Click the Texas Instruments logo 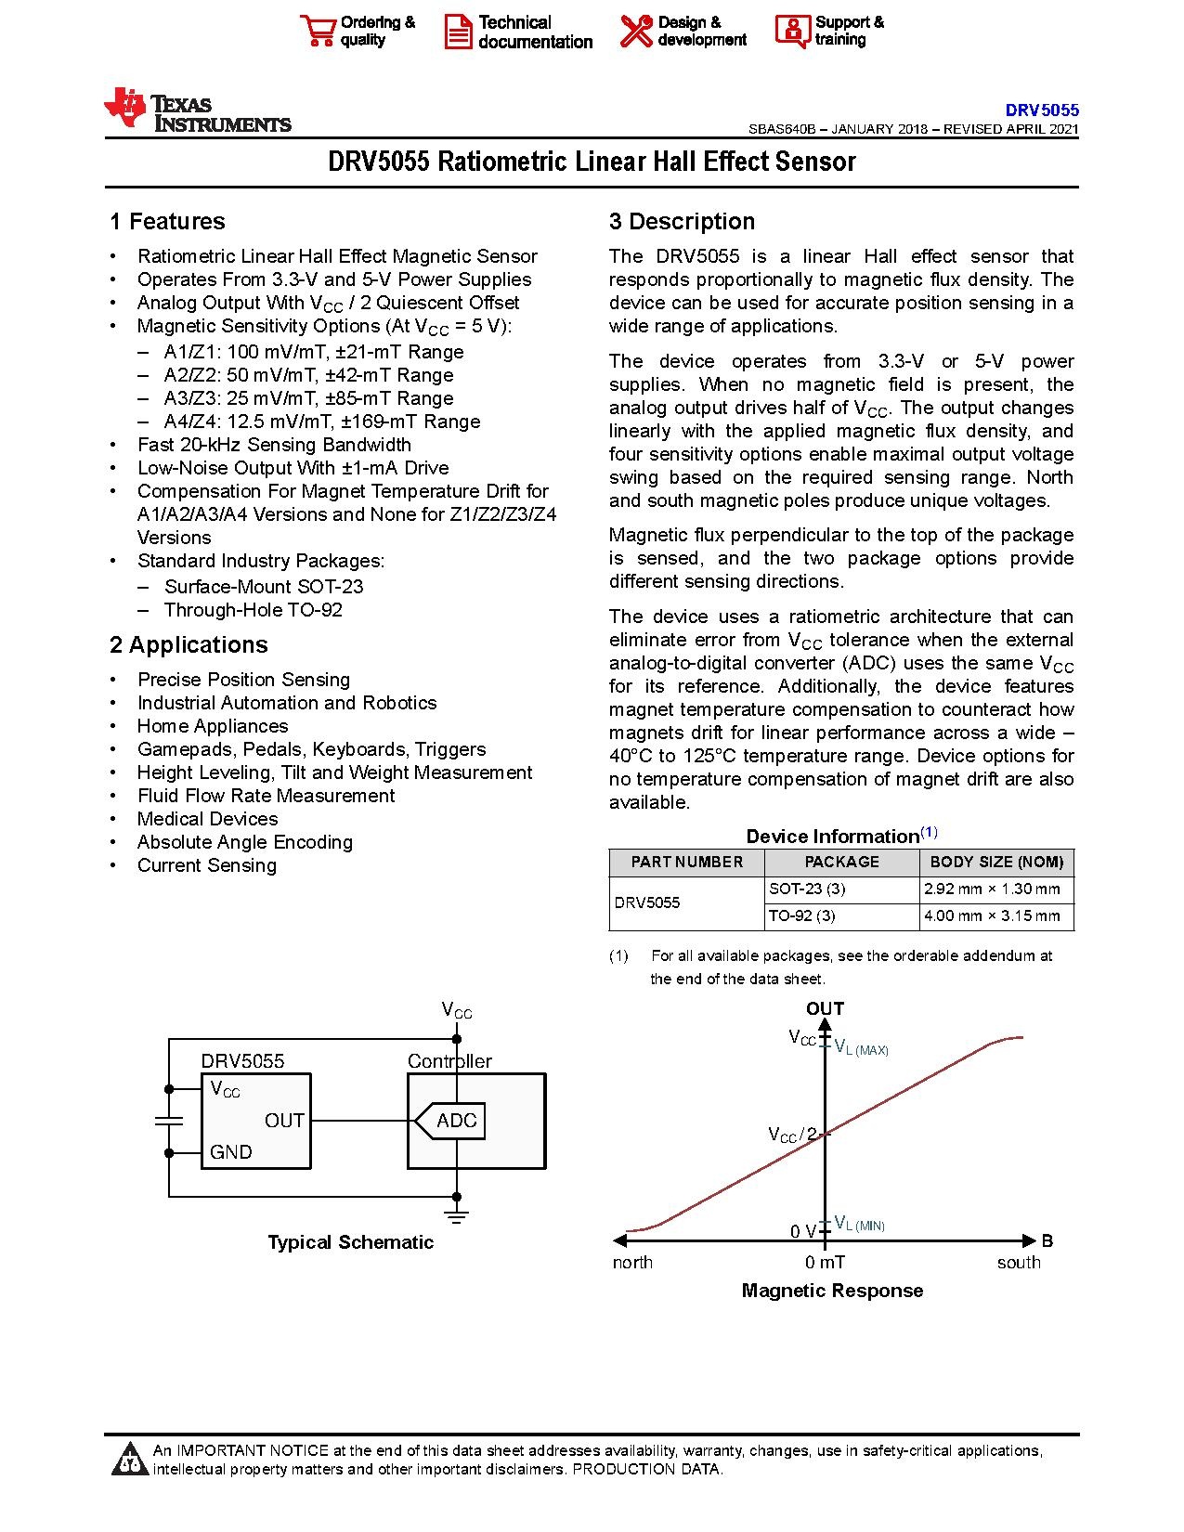coord(198,110)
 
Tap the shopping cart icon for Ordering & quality coord(318,31)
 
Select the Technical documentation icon coord(458,32)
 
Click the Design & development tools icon coord(636,31)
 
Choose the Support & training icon coord(792,31)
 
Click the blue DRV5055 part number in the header coord(1041,110)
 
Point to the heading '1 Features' coord(167,221)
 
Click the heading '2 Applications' coord(189,644)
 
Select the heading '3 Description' coord(682,221)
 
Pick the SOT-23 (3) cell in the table coord(807,889)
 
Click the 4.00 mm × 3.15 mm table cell coord(992,915)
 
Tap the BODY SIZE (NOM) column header coord(996,862)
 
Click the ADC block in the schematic coord(456,1121)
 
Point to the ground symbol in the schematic coord(456,1215)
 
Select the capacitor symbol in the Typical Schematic coord(169,1121)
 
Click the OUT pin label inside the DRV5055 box coord(284,1121)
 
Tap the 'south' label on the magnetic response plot coord(1019,1262)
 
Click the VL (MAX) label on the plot coord(861,1048)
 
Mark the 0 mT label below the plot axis coord(825,1262)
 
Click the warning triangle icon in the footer coord(128,1460)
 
